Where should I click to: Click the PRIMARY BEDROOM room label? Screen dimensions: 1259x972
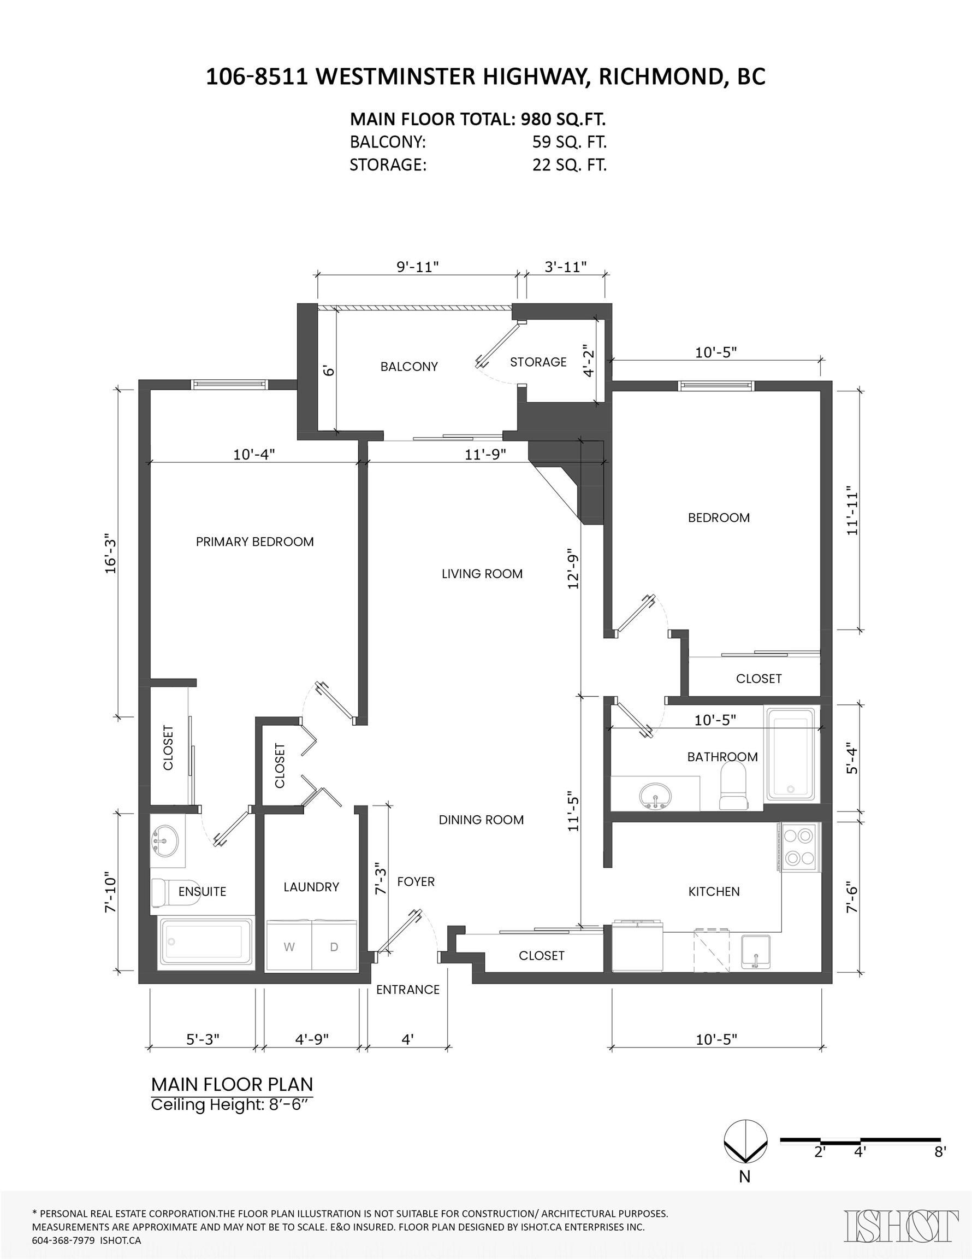(x=254, y=542)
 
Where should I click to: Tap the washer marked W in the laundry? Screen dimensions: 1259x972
(x=289, y=946)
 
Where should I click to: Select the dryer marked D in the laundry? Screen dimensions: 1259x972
(x=334, y=946)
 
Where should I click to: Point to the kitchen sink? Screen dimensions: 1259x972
(x=755, y=952)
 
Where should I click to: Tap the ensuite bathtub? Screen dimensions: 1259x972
(x=206, y=942)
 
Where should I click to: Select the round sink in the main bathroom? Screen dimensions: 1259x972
(x=656, y=796)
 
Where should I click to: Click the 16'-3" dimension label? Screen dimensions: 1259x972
(x=111, y=556)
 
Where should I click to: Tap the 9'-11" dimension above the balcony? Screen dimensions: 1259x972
(x=418, y=266)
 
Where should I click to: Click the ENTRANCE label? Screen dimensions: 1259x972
(x=408, y=989)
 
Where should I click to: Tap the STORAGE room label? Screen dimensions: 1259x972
(x=538, y=362)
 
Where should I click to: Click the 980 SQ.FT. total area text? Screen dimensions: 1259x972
(x=563, y=119)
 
